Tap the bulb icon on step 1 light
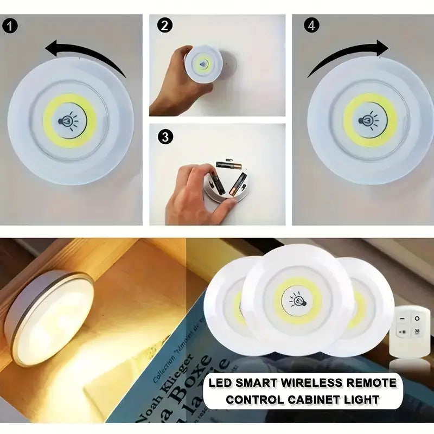coord(69,120)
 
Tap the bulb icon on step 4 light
coord(370,119)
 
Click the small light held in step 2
coord(203,64)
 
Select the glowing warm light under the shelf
coord(52,317)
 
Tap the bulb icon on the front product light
coord(297,299)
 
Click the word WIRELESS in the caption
coord(304,384)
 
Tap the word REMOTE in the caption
coord(371,384)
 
